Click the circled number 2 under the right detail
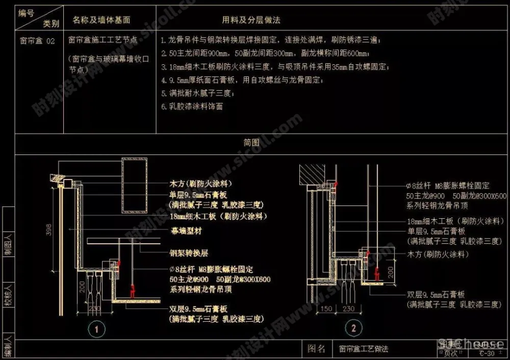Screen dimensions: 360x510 [351, 327]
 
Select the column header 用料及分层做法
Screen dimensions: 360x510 [251, 20]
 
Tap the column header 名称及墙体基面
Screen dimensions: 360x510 [101, 20]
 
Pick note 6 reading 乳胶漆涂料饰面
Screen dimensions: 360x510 [192, 107]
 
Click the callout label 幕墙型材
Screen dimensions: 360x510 [186, 230]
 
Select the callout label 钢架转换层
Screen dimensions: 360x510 [189, 252]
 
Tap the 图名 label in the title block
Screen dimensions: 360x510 [316, 349]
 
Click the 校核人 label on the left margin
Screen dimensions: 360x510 [8, 296]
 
